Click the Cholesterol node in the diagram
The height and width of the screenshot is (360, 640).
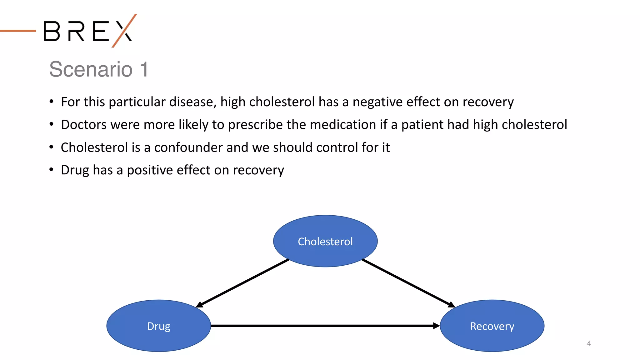click(325, 241)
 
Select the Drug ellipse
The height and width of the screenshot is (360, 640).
click(158, 326)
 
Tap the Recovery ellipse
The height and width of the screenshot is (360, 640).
click(492, 326)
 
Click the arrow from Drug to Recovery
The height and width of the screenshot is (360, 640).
click(325, 326)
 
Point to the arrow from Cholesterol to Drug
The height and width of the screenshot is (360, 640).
click(242, 283)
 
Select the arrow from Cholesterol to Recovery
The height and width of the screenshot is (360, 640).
click(408, 283)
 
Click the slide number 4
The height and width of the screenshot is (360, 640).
click(589, 343)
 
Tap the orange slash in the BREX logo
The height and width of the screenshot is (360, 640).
click(124, 30)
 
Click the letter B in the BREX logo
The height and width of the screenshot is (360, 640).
click(52, 31)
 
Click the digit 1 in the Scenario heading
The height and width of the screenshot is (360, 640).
click(144, 69)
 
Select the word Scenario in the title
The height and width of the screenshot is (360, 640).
click(91, 69)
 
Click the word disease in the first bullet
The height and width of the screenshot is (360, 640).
click(193, 102)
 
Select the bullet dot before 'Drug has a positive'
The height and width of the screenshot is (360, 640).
click(51, 169)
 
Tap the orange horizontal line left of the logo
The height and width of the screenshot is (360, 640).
click(18, 31)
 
